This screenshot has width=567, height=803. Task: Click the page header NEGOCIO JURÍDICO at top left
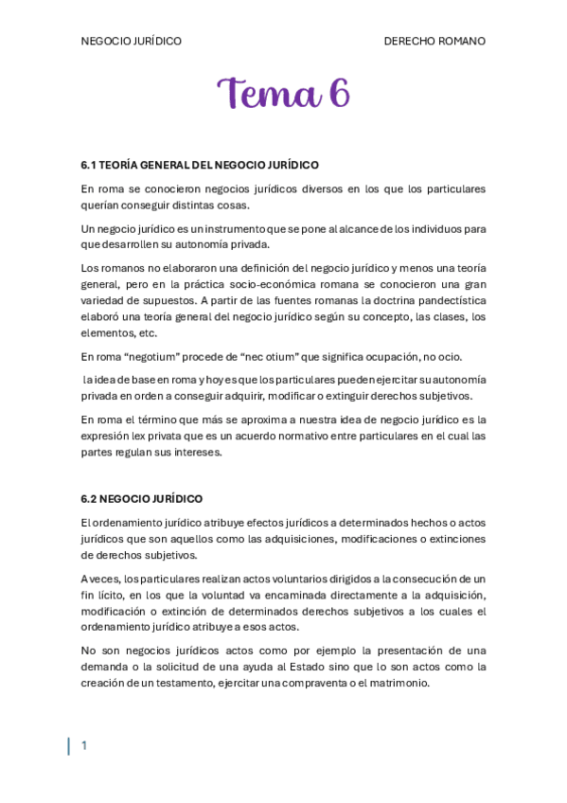[131, 42]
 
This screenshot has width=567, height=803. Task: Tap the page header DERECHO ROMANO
[434, 42]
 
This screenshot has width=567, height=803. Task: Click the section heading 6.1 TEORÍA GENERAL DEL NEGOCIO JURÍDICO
[200, 165]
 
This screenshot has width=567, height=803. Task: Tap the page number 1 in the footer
[83, 746]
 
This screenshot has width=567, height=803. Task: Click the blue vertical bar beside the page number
[68, 746]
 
